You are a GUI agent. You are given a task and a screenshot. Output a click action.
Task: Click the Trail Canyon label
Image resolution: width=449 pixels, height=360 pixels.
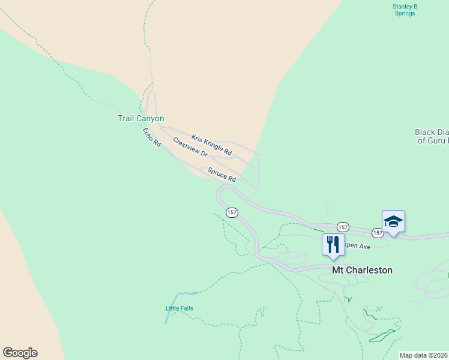pyautogui.click(x=140, y=119)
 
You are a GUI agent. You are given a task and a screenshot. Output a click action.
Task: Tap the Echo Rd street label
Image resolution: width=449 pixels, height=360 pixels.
pyautogui.click(x=151, y=137)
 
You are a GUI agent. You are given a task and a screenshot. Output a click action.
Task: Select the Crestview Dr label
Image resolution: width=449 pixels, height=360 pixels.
pyautogui.click(x=190, y=148)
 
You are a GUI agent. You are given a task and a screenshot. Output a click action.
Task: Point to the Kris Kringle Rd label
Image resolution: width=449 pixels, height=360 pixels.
pyautogui.click(x=211, y=145)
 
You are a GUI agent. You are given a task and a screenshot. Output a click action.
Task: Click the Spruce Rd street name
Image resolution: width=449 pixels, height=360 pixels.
pyautogui.click(x=221, y=175)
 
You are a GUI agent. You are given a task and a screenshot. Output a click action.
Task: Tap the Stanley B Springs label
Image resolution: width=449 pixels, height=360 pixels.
pyautogui.click(x=405, y=10)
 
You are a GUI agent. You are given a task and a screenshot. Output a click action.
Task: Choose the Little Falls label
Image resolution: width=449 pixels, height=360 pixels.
pyautogui.click(x=179, y=308)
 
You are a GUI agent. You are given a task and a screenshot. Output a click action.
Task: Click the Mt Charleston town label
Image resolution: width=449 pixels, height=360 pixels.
pyautogui.click(x=363, y=270)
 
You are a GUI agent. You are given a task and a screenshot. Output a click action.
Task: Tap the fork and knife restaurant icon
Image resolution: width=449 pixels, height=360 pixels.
pyautogui.click(x=333, y=244)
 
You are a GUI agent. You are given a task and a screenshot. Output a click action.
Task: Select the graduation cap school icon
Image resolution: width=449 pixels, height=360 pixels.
pyautogui.click(x=393, y=221)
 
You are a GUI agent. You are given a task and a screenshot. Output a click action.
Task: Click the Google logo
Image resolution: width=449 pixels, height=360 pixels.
pyautogui.click(x=20, y=353)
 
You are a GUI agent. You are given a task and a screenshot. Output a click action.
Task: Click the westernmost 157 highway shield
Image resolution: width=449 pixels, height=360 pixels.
pyautogui.click(x=232, y=212)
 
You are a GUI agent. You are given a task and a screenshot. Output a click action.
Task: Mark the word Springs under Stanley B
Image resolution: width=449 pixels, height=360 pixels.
pyautogui.click(x=405, y=13)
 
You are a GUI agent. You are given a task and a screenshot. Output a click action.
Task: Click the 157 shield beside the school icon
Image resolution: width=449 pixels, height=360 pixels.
pyautogui.click(x=378, y=232)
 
